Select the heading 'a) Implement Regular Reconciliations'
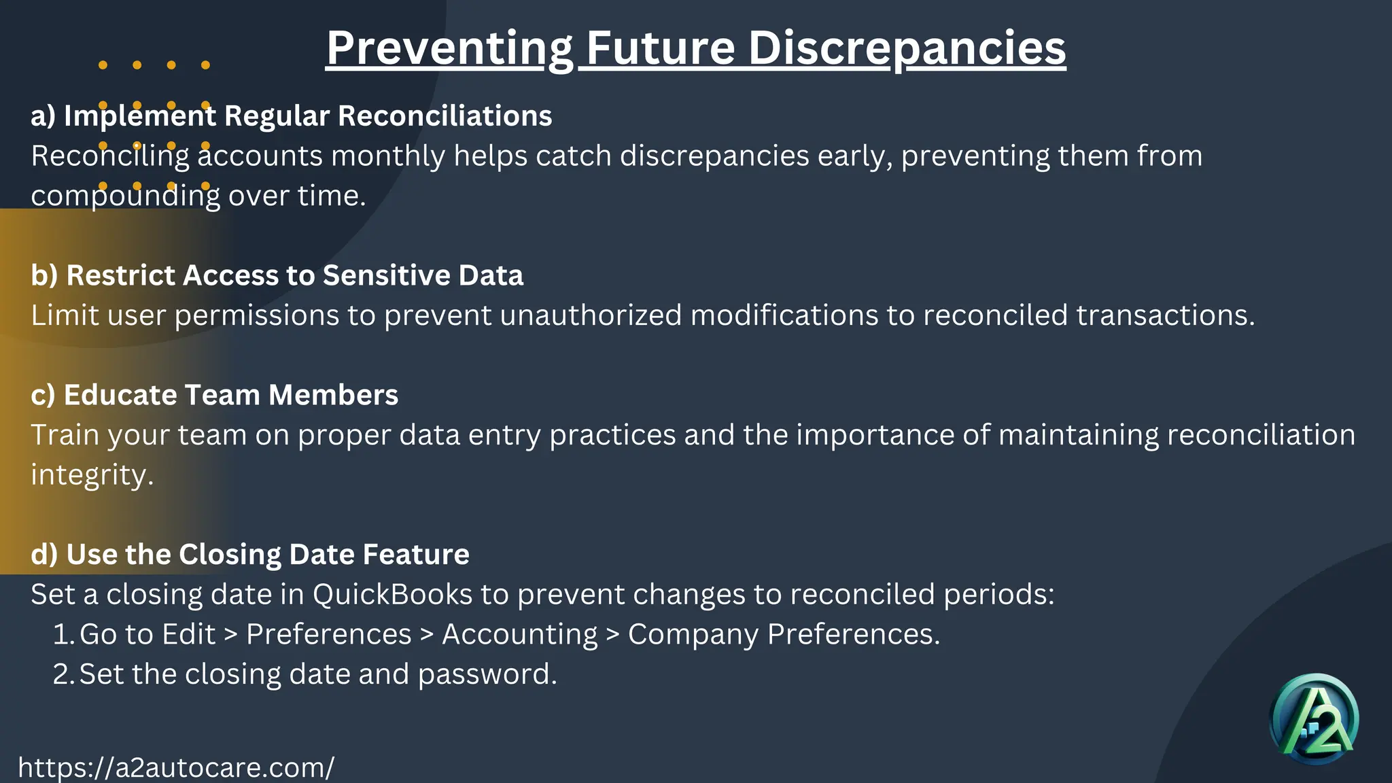(292, 116)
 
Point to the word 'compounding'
(126, 196)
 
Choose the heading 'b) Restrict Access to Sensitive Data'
(277, 275)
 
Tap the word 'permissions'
(257, 315)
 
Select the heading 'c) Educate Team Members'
(215, 395)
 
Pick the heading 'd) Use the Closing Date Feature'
(250, 555)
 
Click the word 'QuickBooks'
(392, 595)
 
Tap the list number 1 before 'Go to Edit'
(63, 635)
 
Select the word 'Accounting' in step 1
(520, 635)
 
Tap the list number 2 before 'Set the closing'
(63, 675)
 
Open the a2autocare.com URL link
(176, 767)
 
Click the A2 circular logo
(1314, 719)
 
